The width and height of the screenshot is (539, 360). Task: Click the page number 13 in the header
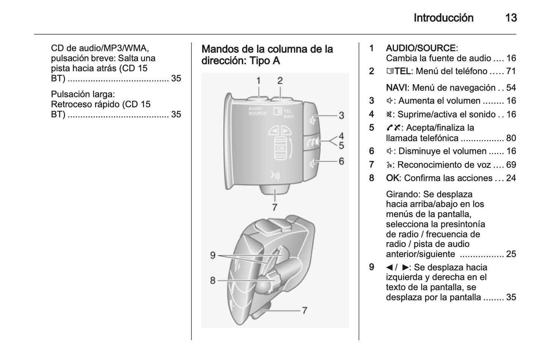(x=511, y=18)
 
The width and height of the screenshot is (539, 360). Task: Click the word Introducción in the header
(x=443, y=18)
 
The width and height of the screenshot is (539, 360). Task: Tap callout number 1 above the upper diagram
(x=258, y=80)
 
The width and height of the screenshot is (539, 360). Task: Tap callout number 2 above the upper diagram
(x=280, y=80)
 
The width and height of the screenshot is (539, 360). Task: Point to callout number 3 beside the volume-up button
(x=341, y=116)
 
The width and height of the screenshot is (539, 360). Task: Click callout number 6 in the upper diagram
(x=341, y=161)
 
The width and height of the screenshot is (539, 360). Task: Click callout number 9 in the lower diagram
(x=213, y=255)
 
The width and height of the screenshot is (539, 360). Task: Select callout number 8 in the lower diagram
(x=213, y=280)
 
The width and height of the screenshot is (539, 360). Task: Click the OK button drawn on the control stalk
(x=281, y=148)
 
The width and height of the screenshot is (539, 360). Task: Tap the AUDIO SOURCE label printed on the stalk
(x=257, y=111)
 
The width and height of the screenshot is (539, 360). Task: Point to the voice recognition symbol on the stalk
(x=275, y=176)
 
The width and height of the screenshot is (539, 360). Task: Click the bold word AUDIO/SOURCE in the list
(x=420, y=48)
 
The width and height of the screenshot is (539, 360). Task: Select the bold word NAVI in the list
(x=397, y=88)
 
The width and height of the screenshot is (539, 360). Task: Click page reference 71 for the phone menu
(x=511, y=71)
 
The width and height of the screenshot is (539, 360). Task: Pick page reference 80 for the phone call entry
(x=511, y=138)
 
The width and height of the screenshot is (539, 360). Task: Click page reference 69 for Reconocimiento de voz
(x=511, y=165)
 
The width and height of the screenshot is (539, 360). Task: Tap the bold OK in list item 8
(x=392, y=178)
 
